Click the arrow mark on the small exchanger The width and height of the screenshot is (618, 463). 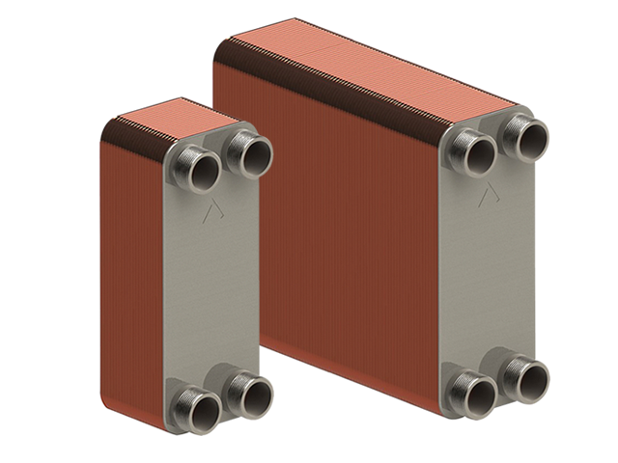click(x=211, y=212)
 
